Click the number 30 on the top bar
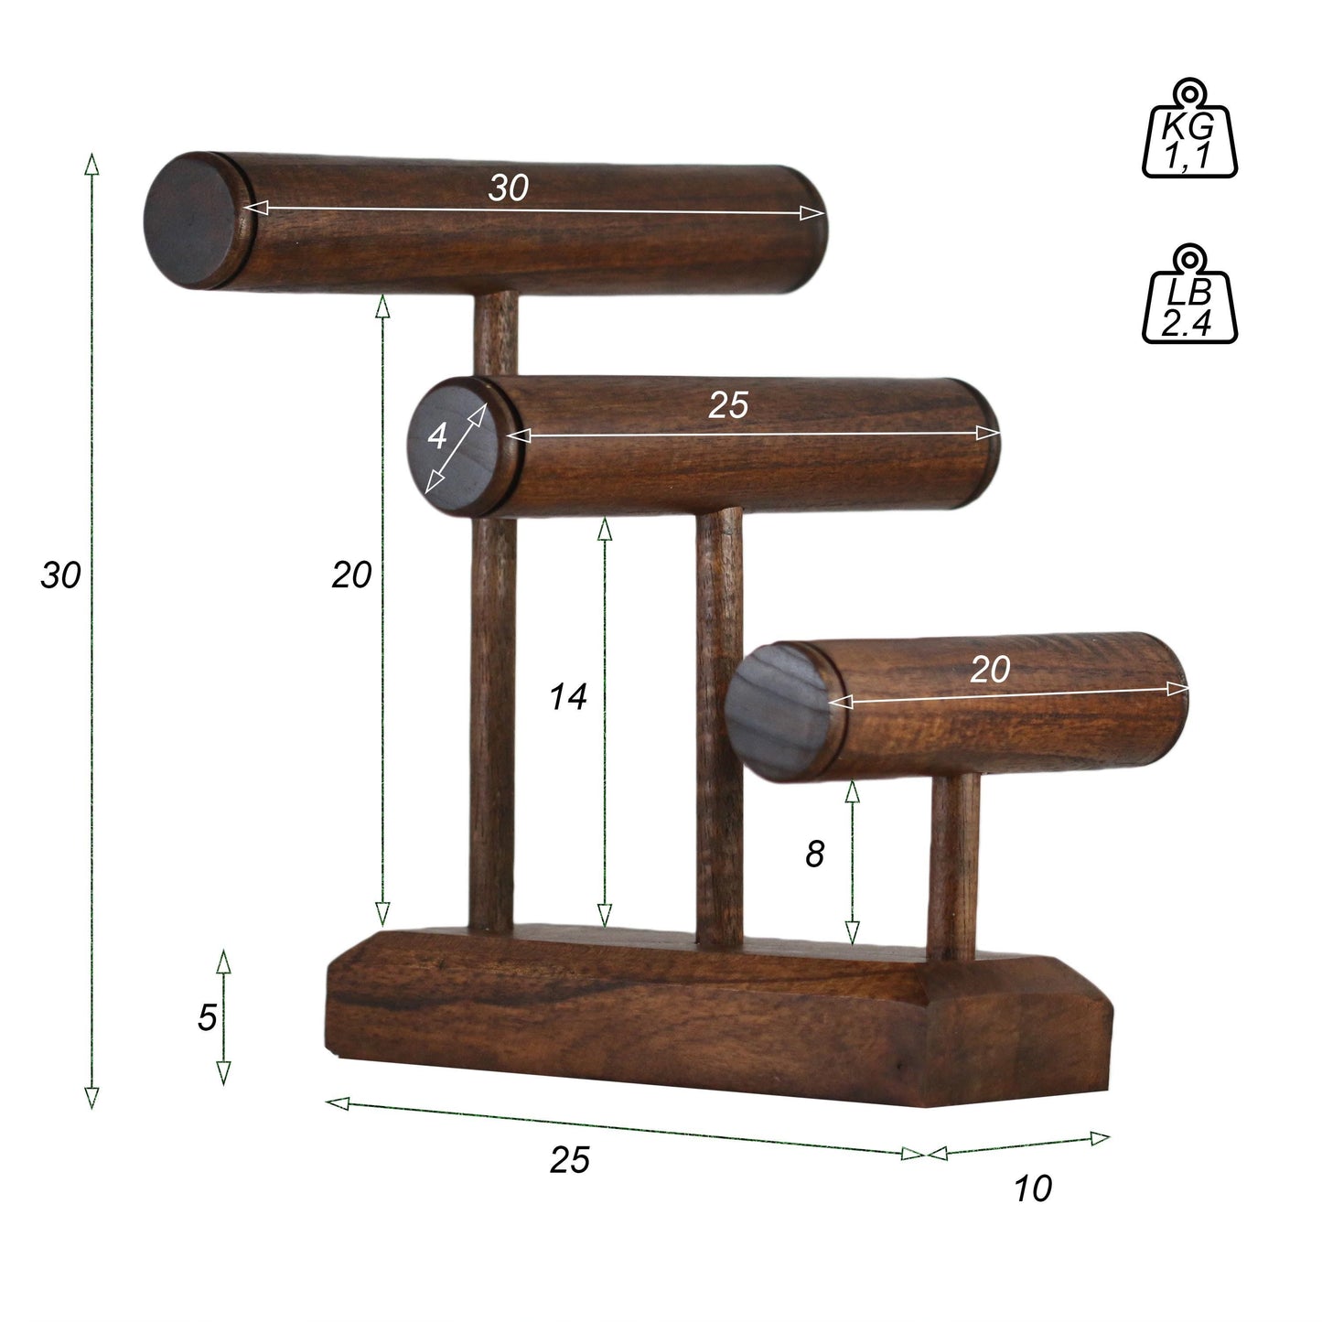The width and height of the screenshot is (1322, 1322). point(509,188)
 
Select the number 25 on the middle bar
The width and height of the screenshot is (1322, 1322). point(728,404)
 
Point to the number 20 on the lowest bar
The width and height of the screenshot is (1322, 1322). point(990,670)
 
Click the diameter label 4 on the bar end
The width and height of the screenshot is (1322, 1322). point(438,436)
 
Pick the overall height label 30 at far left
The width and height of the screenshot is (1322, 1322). point(61,575)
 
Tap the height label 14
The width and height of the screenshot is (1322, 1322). point(567,697)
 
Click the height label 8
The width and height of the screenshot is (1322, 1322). point(814,854)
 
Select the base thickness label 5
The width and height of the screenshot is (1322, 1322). point(208,1017)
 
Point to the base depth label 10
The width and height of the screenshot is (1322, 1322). point(1033,1188)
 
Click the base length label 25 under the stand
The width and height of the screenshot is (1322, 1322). point(570,1160)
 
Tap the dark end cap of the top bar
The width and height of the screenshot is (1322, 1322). point(193,219)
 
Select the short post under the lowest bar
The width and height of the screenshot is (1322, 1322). point(952,865)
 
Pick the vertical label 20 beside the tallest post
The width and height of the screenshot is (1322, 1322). point(351,575)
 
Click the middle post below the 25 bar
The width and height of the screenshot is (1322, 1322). point(720,723)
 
